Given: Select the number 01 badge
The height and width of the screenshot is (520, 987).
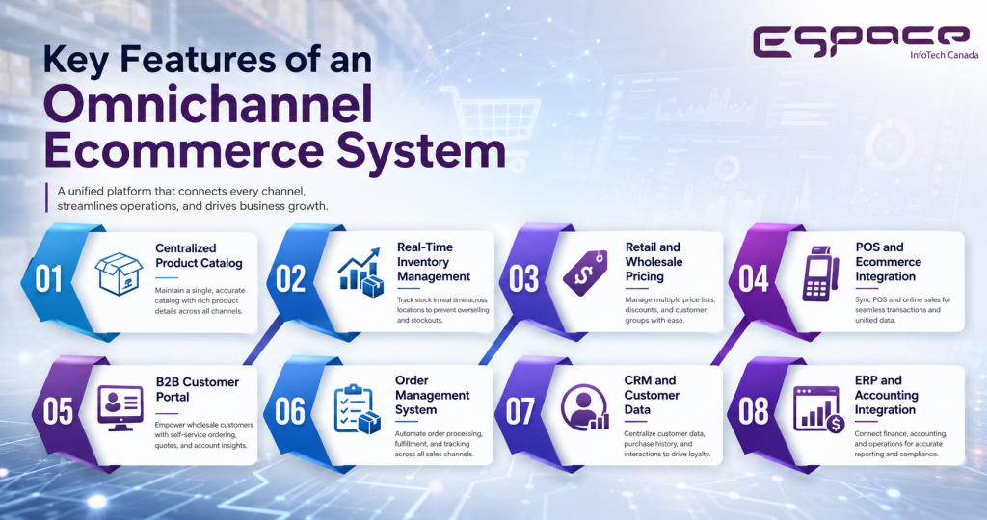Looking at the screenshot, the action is pos(48,279).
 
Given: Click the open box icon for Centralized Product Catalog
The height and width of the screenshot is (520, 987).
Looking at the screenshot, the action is pos(119,273).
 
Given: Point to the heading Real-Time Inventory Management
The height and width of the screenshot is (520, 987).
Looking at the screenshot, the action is pos(434,262).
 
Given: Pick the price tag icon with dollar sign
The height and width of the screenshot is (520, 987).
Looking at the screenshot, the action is pos(585,273).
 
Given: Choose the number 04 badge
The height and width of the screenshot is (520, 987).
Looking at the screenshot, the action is pos(754,279).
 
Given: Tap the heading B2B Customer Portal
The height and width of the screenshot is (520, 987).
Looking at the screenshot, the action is pos(198,389).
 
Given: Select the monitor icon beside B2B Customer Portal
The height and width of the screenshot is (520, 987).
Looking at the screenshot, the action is pos(120,407).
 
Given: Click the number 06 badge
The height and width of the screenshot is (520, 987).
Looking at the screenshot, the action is pos(290,411).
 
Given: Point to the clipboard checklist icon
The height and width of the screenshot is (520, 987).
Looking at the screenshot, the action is pos(357,408).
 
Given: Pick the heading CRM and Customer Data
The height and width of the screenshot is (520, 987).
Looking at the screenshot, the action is pos(652,395).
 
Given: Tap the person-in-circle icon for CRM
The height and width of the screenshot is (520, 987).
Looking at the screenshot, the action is pos(585,407).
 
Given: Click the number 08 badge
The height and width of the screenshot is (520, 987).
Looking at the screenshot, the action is pos(754,411).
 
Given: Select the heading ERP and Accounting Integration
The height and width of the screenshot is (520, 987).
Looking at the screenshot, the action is pos(887,395).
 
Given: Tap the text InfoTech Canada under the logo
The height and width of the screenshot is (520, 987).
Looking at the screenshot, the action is pos(945,55).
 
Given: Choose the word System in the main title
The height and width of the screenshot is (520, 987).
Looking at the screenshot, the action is pos(420,151).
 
